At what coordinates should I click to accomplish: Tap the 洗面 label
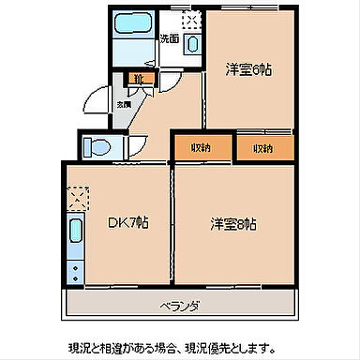[169, 39]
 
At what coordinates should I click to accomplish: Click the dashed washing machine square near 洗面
[192, 20]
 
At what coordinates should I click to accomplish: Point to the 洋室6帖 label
[247, 69]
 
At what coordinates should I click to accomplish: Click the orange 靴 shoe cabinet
[137, 79]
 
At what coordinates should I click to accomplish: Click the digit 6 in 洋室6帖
[256, 69]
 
